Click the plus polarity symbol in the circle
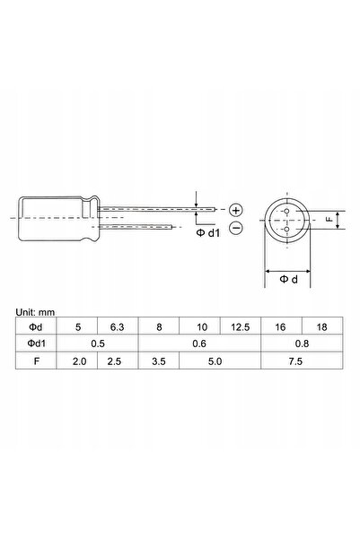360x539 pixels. coord(236,209)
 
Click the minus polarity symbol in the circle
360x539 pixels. coord(236,229)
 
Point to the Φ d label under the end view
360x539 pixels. coord(288,281)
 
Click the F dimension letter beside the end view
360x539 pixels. coord(329,218)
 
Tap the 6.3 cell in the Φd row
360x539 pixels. coord(117,326)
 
